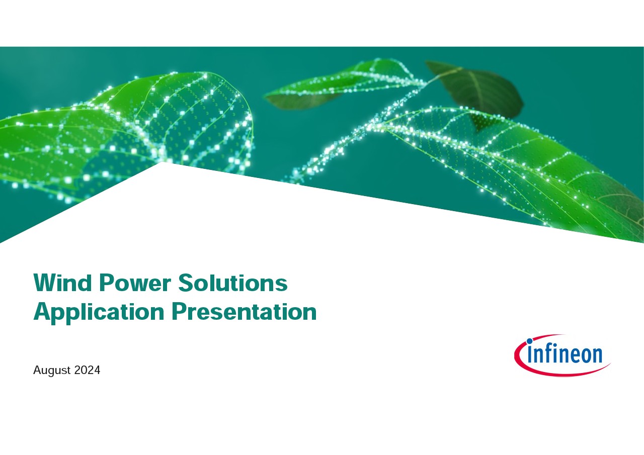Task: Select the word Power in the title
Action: tap(135, 283)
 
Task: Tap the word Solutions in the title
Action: tap(233, 283)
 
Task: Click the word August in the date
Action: tap(52, 371)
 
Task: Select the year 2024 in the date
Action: tap(87, 370)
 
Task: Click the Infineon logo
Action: tap(562, 355)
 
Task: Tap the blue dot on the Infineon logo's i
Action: tap(529, 341)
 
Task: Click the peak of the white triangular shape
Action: tap(163, 162)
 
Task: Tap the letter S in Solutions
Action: tap(186, 283)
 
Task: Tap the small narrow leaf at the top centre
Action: tap(339, 83)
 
